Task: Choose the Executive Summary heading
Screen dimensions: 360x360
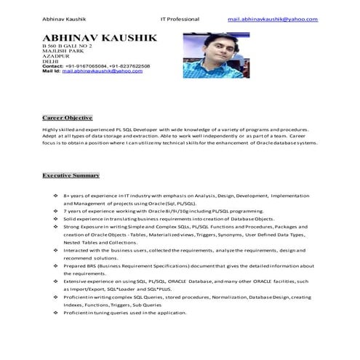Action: tap(71, 176)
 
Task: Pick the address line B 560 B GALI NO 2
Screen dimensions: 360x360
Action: tap(67, 46)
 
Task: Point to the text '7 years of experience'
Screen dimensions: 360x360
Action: tap(89, 211)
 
